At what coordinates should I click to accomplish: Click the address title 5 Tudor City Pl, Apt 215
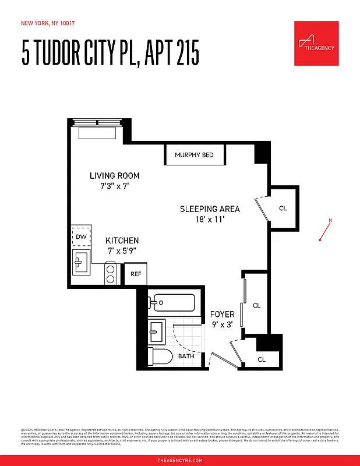click(x=111, y=54)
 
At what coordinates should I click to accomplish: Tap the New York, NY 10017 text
click(x=48, y=23)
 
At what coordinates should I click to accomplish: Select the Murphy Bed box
click(x=194, y=155)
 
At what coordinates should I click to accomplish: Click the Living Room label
click(x=114, y=175)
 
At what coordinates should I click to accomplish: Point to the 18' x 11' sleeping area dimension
click(x=209, y=220)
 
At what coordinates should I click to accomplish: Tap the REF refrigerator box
click(x=136, y=274)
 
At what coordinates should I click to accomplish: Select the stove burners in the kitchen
click(x=111, y=274)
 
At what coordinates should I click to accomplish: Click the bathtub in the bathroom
click(x=172, y=303)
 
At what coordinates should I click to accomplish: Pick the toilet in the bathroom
click(x=159, y=356)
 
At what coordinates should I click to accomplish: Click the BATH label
click(x=186, y=356)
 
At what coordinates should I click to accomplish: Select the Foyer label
click(x=222, y=315)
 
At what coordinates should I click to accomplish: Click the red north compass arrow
click(x=325, y=230)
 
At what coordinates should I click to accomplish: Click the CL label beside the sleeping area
click(x=283, y=208)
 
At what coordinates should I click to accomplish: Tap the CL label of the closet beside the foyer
click(x=256, y=305)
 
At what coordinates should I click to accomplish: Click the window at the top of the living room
click(x=98, y=123)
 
